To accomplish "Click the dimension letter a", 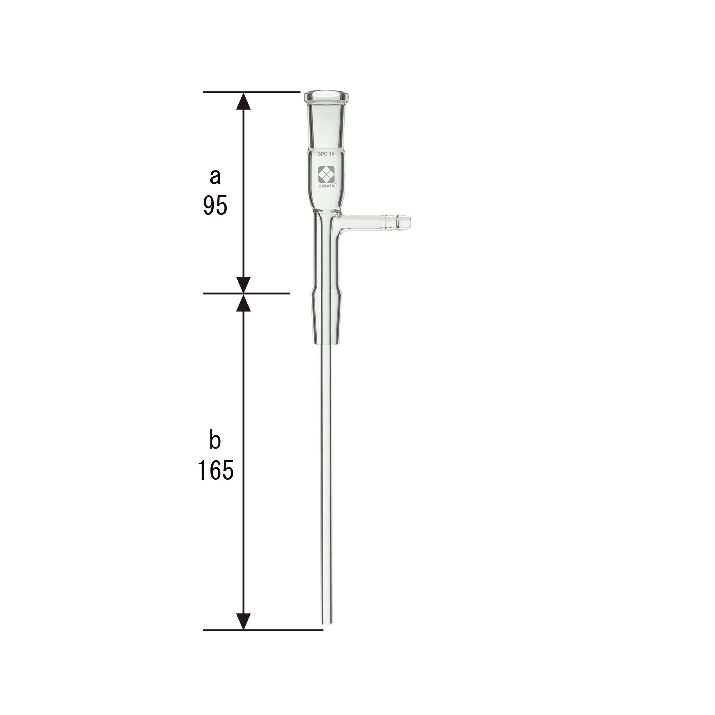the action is (215, 177).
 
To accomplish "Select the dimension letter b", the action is (215, 441).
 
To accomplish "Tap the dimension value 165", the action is (215, 470).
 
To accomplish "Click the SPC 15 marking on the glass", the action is (326, 154).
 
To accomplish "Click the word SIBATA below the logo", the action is (326, 186).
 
